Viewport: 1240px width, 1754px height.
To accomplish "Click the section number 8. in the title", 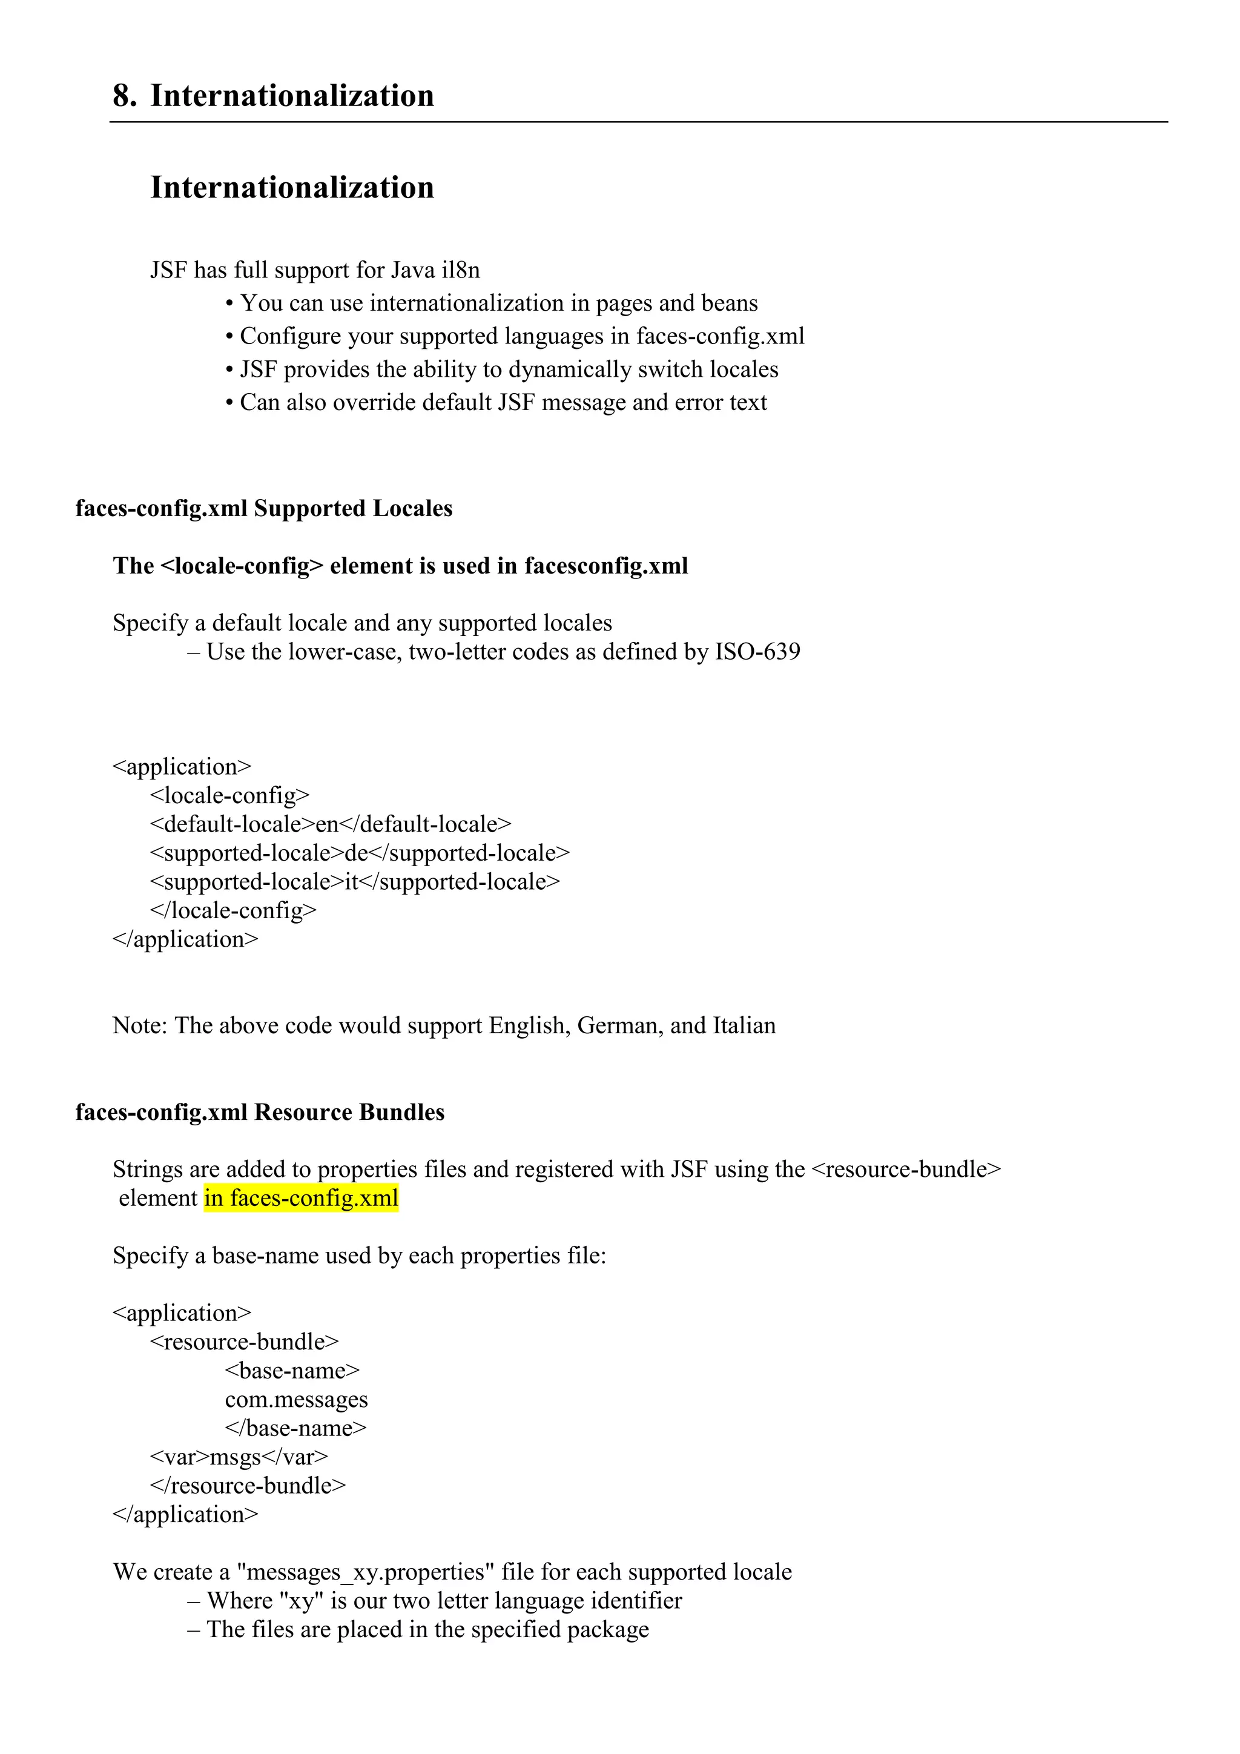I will point(125,96).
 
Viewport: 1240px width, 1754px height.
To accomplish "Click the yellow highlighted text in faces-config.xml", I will point(301,1198).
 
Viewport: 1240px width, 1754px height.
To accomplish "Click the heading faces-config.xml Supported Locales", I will point(263,509).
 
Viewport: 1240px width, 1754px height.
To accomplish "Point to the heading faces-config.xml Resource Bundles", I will point(260,1112).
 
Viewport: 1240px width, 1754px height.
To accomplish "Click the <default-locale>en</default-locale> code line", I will point(331,824).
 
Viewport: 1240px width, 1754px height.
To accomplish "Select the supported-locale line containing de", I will point(360,853).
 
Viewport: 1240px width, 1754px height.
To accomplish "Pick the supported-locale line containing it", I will point(355,882).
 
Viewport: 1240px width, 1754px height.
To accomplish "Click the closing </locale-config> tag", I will point(233,910).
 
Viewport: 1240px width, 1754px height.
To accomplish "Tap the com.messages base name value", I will point(296,1400).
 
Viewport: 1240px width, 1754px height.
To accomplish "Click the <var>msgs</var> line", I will point(239,1457).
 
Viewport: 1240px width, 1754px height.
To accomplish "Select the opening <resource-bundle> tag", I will point(245,1342).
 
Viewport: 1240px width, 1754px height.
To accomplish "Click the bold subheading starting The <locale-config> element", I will point(400,566).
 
